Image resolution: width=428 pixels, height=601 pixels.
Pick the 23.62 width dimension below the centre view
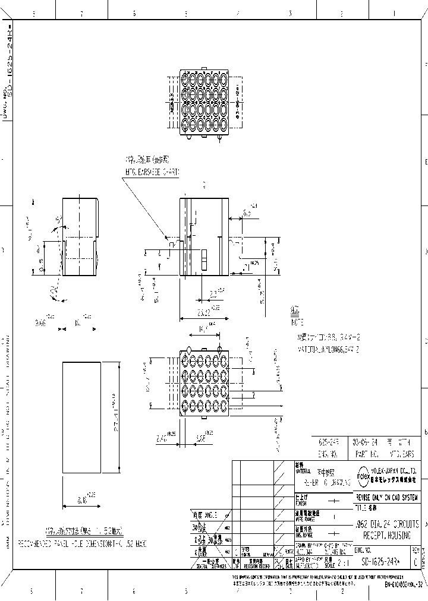click(x=203, y=311)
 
